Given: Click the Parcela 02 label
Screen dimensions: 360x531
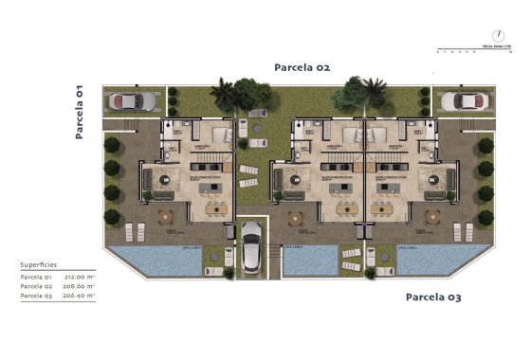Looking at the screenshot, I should [302, 67].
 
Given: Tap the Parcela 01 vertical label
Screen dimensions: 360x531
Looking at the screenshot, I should [80, 111].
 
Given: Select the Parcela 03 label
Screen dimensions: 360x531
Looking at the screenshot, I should [433, 297].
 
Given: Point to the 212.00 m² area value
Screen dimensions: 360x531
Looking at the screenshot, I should [84, 277].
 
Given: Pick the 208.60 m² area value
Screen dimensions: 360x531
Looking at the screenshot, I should [84, 287].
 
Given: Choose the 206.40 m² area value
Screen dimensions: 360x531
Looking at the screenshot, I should [84, 297].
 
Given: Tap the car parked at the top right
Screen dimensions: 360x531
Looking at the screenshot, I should [463, 101].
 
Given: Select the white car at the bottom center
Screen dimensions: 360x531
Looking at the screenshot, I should [251, 246].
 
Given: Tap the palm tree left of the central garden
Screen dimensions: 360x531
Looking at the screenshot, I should [224, 93].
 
